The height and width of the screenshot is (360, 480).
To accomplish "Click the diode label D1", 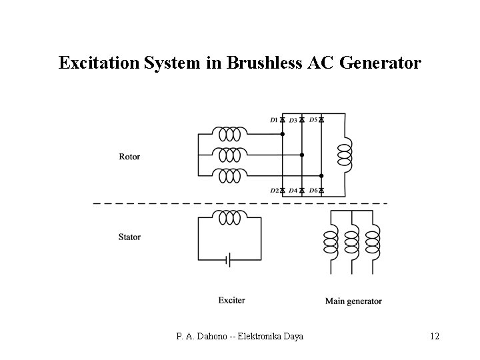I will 273,120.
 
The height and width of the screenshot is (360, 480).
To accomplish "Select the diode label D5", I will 313,119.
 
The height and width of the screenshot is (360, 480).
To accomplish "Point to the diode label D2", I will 273,191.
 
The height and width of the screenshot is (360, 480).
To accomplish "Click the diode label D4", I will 293,191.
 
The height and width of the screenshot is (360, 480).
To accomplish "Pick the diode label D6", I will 313,191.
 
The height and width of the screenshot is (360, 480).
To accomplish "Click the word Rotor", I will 129,157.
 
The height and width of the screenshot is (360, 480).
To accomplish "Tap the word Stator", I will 129,237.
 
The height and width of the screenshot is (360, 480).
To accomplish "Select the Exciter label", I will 231,300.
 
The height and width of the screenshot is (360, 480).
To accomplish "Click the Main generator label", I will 353,301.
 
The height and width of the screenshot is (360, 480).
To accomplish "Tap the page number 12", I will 435,336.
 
